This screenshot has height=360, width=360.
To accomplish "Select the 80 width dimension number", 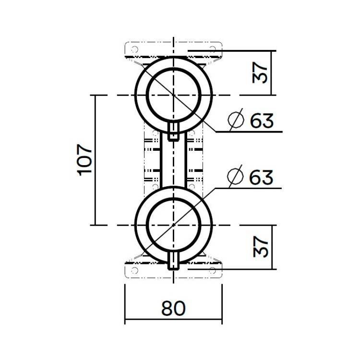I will (x=173, y=308).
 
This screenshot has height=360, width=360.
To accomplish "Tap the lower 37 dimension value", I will (x=260, y=247).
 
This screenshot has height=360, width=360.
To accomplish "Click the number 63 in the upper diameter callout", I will (x=262, y=120).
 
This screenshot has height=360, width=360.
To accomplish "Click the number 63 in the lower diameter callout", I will (x=262, y=177).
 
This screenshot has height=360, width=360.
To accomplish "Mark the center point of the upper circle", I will (x=174, y=95).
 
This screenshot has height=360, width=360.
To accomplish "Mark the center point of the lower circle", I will (x=174, y=225).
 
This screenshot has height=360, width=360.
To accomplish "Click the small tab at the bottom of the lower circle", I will (x=174, y=261).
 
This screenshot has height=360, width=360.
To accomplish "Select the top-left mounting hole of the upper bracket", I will (x=135, y=49).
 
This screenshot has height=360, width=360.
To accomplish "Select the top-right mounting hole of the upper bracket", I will (x=213, y=49).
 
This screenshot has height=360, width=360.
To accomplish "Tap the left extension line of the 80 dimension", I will (x=125, y=302).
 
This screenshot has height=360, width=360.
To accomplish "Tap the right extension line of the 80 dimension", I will (x=223, y=302).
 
